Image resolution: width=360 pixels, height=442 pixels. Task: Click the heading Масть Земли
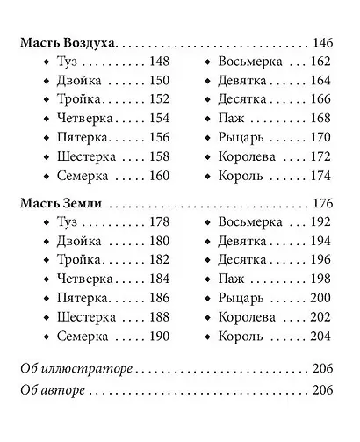click(x=60, y=202)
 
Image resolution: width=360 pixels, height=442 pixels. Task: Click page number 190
click(x=157, y=337)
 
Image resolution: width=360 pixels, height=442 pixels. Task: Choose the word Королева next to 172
click(x=246, y=156)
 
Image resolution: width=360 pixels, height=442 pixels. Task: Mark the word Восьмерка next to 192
click(x=249, y=221)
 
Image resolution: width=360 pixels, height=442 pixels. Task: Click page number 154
click(x=157, y=118)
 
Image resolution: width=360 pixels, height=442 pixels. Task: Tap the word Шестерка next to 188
click(x=84, y=317)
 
